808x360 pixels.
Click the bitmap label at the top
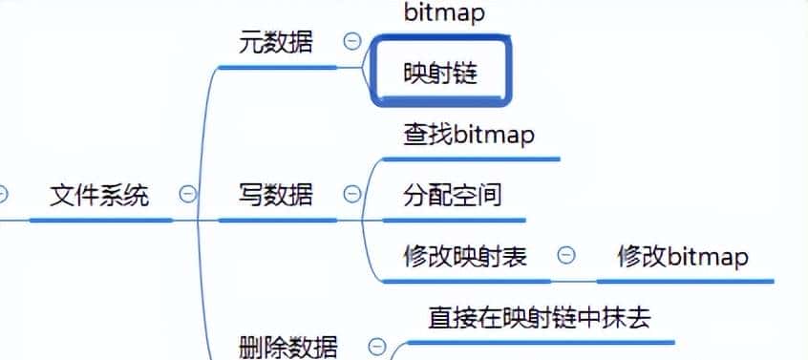coord(444,12)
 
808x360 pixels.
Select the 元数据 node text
coord(275,42)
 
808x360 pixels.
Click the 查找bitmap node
coord(469,135)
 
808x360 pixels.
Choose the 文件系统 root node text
coord(99,196)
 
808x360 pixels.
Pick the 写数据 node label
coord(275,195)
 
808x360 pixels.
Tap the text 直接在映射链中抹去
coord(540,317)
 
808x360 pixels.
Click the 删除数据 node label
coord(287,347)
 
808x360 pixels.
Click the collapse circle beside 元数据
coord(352,42)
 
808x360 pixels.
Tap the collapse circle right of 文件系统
coord(188,195)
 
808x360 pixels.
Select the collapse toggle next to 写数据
coord(352,195)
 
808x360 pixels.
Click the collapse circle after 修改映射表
coord(566,255)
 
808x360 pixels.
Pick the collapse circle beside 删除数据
coord(378,346)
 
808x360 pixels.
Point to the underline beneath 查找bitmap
coord(471,159)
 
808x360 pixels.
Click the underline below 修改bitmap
coord(685,281)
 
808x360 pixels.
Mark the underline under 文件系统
coord(100,220)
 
